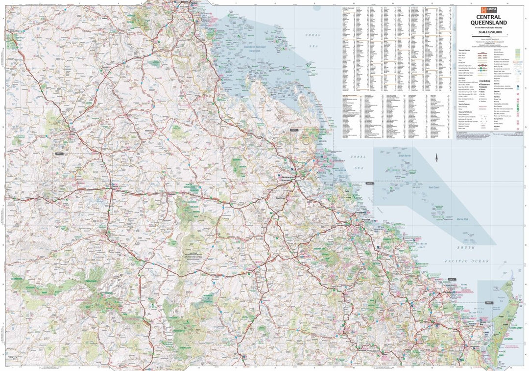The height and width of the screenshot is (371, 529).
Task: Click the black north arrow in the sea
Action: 436,159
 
